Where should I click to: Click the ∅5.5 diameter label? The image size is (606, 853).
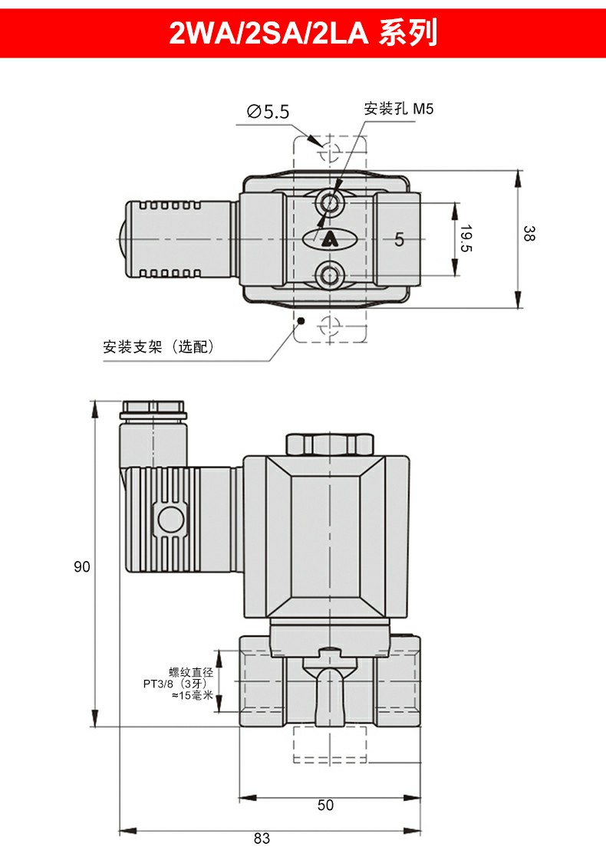click(x=268, y=112)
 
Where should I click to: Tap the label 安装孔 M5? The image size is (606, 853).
click(x=398, y=109)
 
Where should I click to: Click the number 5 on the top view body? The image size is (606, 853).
click(x=399, y=239)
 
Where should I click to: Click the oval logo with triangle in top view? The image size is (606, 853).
click(x=329, y=239)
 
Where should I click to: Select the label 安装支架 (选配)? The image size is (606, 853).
click(x=159, y=346)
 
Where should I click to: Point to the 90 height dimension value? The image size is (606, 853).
click(x=82, y=567)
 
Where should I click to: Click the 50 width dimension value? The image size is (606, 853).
click(x=326, y=805)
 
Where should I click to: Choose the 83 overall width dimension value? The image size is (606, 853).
click(x=262, y=838)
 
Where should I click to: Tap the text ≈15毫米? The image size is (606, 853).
click(x=192, y=695)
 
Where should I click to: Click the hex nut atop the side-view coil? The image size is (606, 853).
click(x=328, y=444)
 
